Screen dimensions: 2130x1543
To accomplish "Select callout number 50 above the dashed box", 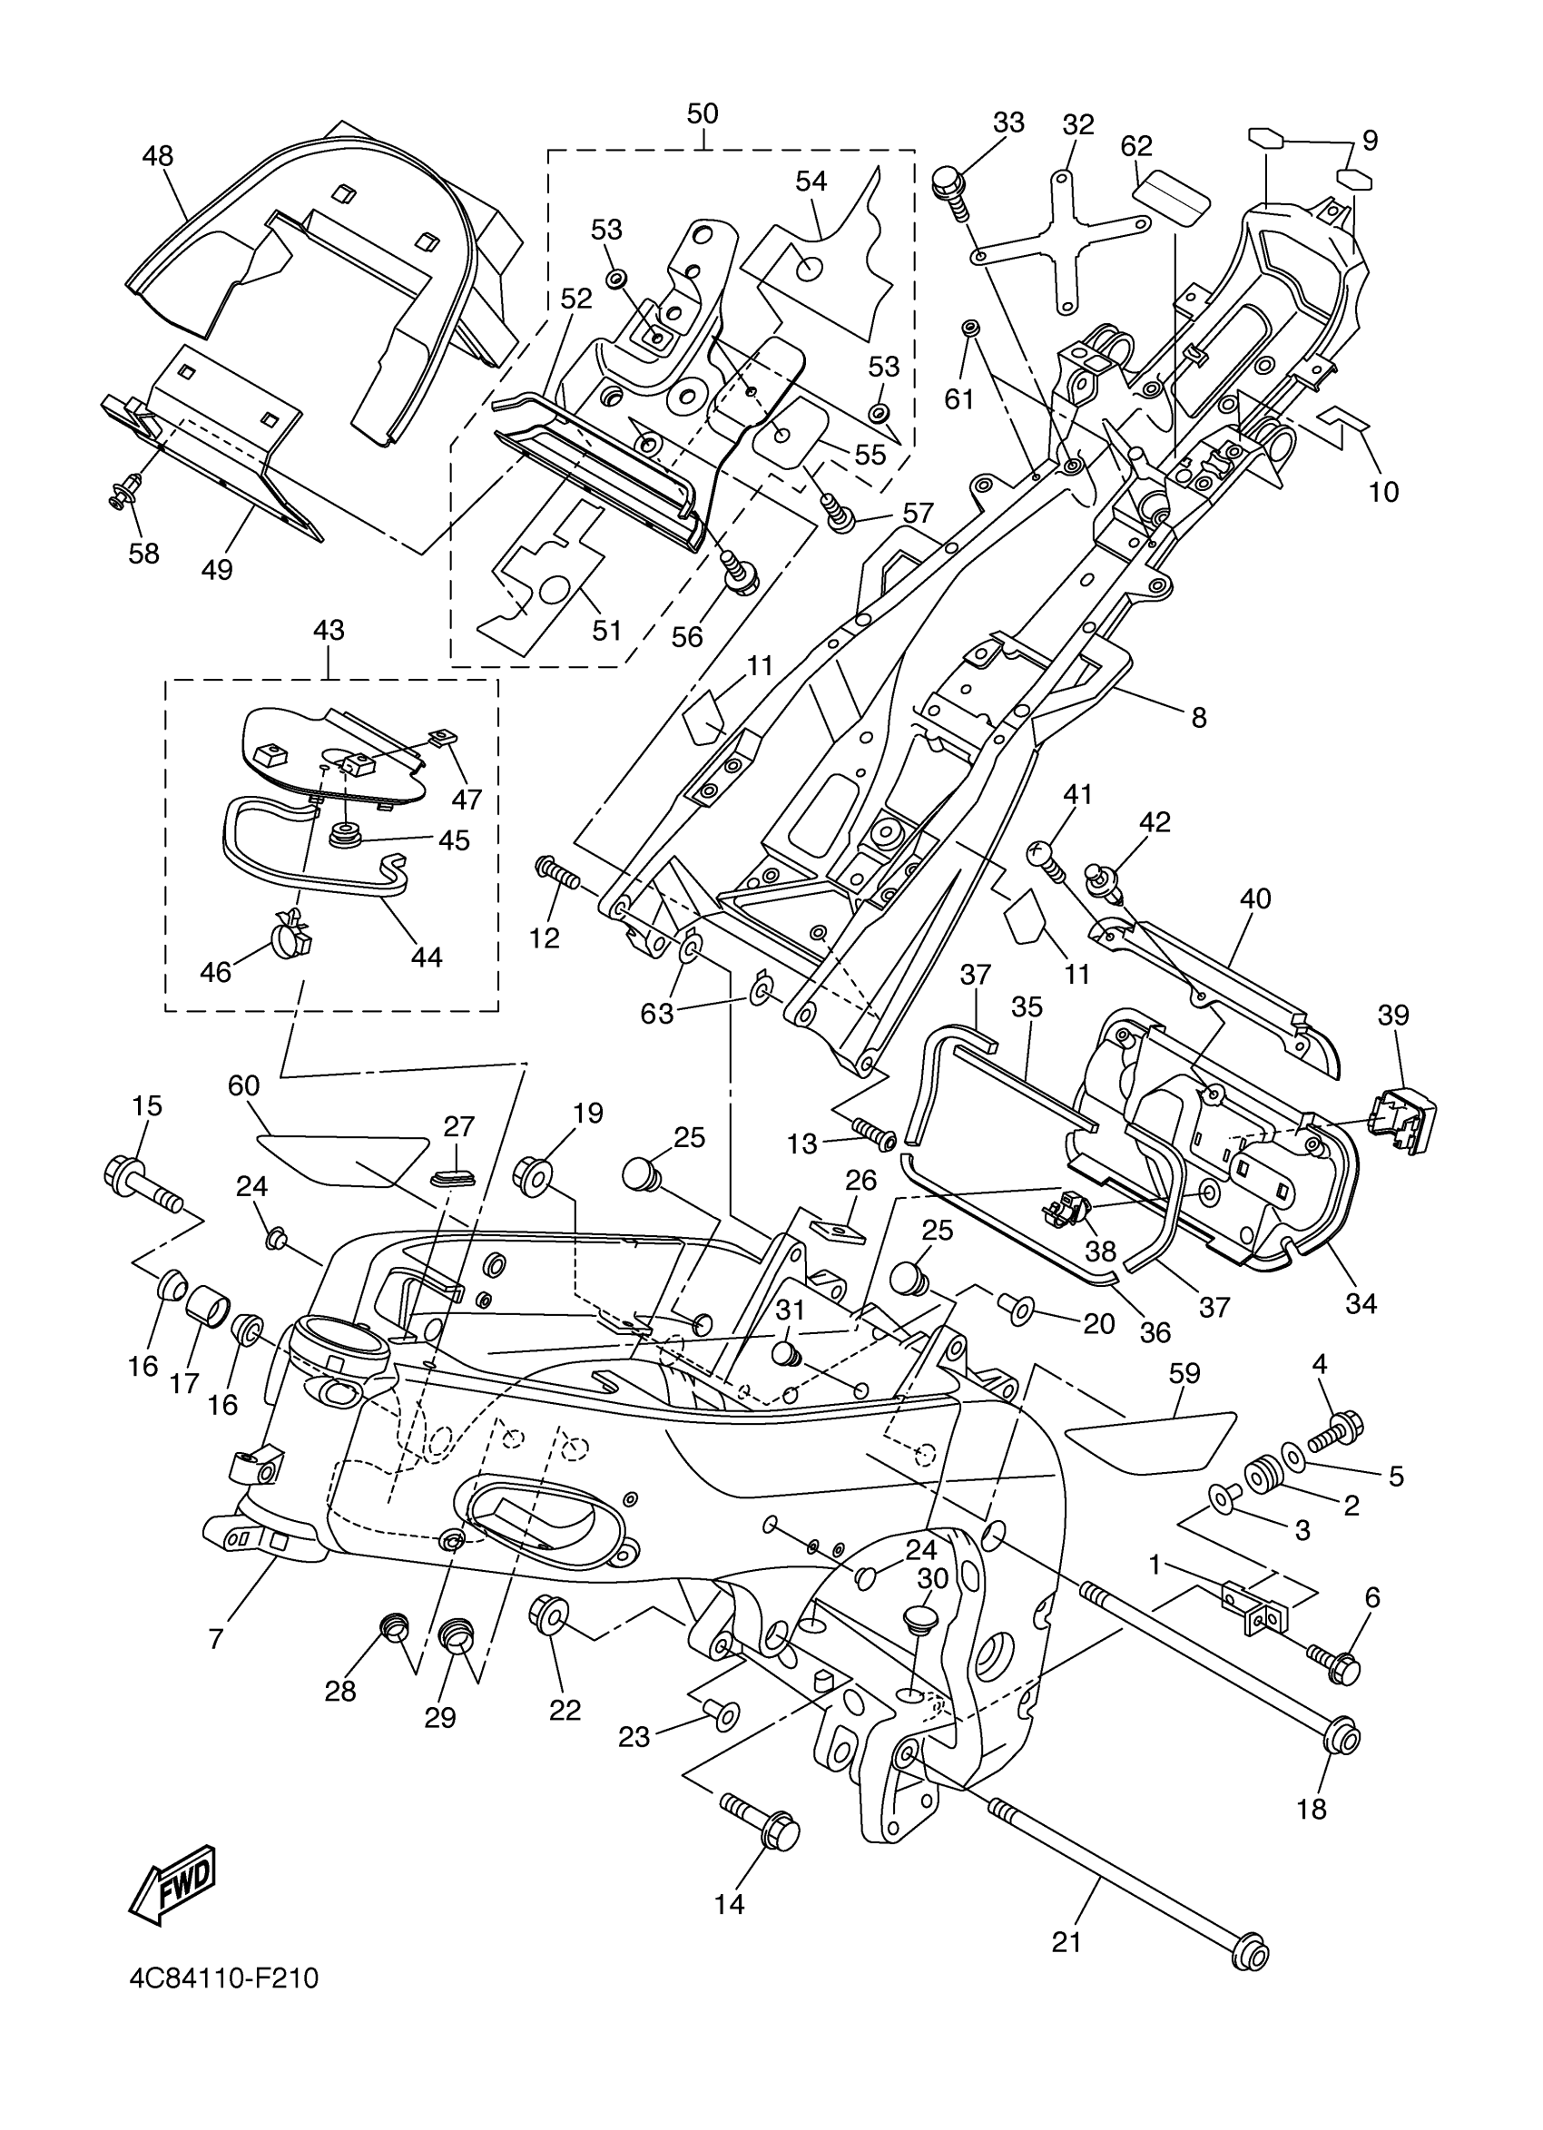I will point(703,113).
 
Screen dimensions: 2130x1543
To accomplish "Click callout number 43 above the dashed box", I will point(329,630).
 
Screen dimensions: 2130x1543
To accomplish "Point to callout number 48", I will point(158,155).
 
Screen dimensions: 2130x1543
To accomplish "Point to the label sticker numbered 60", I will point(343,1160).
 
